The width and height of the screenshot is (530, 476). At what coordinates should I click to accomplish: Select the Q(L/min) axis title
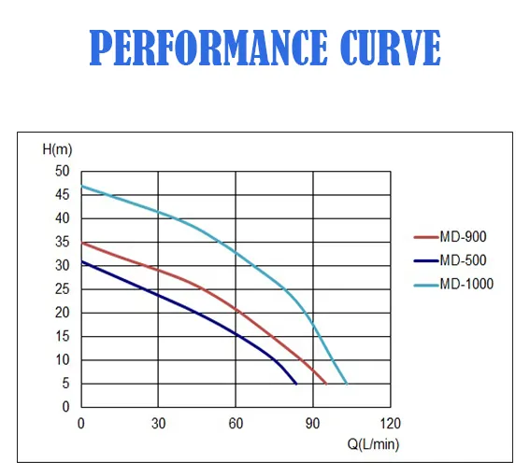pyautogui.click(x=373, y=443)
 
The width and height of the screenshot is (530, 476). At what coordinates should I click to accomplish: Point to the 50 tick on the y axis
pyautogui.click(x=63, y=172)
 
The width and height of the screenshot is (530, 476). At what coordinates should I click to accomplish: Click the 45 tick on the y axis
pyautogui.click(x=63, y=195)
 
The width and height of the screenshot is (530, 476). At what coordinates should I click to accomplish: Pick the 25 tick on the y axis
pyautogui.click(x=63, y=289)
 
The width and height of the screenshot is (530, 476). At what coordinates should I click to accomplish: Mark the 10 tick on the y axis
pyautogui.click(x=63, y=360)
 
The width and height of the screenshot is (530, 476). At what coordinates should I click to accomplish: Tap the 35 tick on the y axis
pyautogui.click(x=63, y=243)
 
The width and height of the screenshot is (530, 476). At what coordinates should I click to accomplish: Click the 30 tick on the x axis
pyautogui.click(x=159, y=424)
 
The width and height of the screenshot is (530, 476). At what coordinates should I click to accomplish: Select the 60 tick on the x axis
pyautogui.click(x=236, y=424)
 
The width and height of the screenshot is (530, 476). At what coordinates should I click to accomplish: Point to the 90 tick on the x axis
pyautogui.click(x=313, y=424)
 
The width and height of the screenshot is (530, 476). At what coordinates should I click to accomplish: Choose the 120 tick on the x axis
pyautogui.click(x=391, y=424)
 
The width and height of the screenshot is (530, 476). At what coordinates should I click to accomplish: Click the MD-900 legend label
pyautogui.click(x=462, y=237)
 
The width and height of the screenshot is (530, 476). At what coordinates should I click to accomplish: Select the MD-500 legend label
pyautogui.click(x=462, y=260)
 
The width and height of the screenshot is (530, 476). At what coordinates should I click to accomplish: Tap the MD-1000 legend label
pyautogui.click(x=466, y=284)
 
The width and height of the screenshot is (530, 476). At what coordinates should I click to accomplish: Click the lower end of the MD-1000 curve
pyautogui.click(x=347, y=384)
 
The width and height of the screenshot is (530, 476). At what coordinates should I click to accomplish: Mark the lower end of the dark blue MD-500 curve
pyautogui.click(x=296, y=384)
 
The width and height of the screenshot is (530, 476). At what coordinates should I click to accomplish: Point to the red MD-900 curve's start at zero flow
pyautogui.click(x=82, y=243)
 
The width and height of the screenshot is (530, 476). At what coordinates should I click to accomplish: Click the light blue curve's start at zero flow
pyautogui.click(x=82, y=186)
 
